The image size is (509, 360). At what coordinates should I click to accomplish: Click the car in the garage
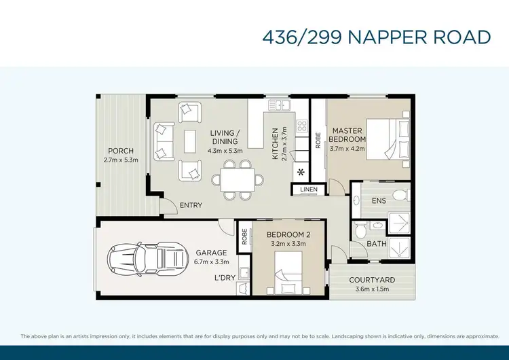[x=145, y=257]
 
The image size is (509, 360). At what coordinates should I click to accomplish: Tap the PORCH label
[x=120, y=151]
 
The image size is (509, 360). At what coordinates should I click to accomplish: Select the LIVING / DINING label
[x=224, y=137]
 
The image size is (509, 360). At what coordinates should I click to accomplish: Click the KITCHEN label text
[x=276, y=143]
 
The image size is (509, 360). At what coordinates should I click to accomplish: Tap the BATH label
[x=377, y=243]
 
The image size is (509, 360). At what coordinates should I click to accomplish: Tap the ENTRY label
[x=191, y=206]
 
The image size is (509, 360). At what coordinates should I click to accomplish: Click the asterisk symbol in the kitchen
[x=301, y=173]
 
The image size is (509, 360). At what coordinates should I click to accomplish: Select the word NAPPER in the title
[x=384, y=37]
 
